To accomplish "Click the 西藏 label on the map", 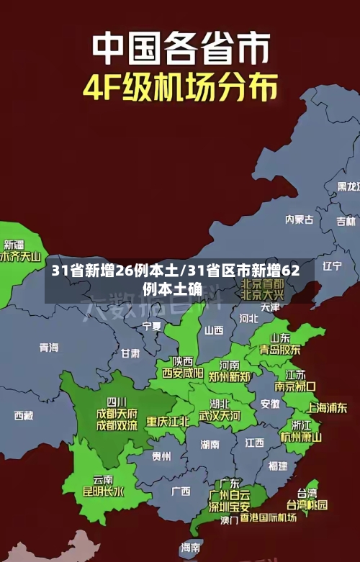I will [x=23, y=415].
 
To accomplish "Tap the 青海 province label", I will [x=49, y=348].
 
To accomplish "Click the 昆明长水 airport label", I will [x=103, y=492].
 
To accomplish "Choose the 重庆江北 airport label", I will [x=168, y=421].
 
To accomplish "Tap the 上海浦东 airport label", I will [x=326, y=407].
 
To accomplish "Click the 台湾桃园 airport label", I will [x=307, y=504].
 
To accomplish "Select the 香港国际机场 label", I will [x=268, y=517].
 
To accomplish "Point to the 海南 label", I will [x=190, y=548].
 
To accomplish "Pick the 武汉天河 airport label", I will [x=220, y=415].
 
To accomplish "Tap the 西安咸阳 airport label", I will [x=182, y=373].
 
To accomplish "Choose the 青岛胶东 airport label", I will [x=280, y=350].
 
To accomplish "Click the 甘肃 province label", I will [x=130, y=353].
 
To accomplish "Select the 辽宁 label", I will [x=332, y=266].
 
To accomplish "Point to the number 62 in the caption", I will [x=289, y=271].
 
